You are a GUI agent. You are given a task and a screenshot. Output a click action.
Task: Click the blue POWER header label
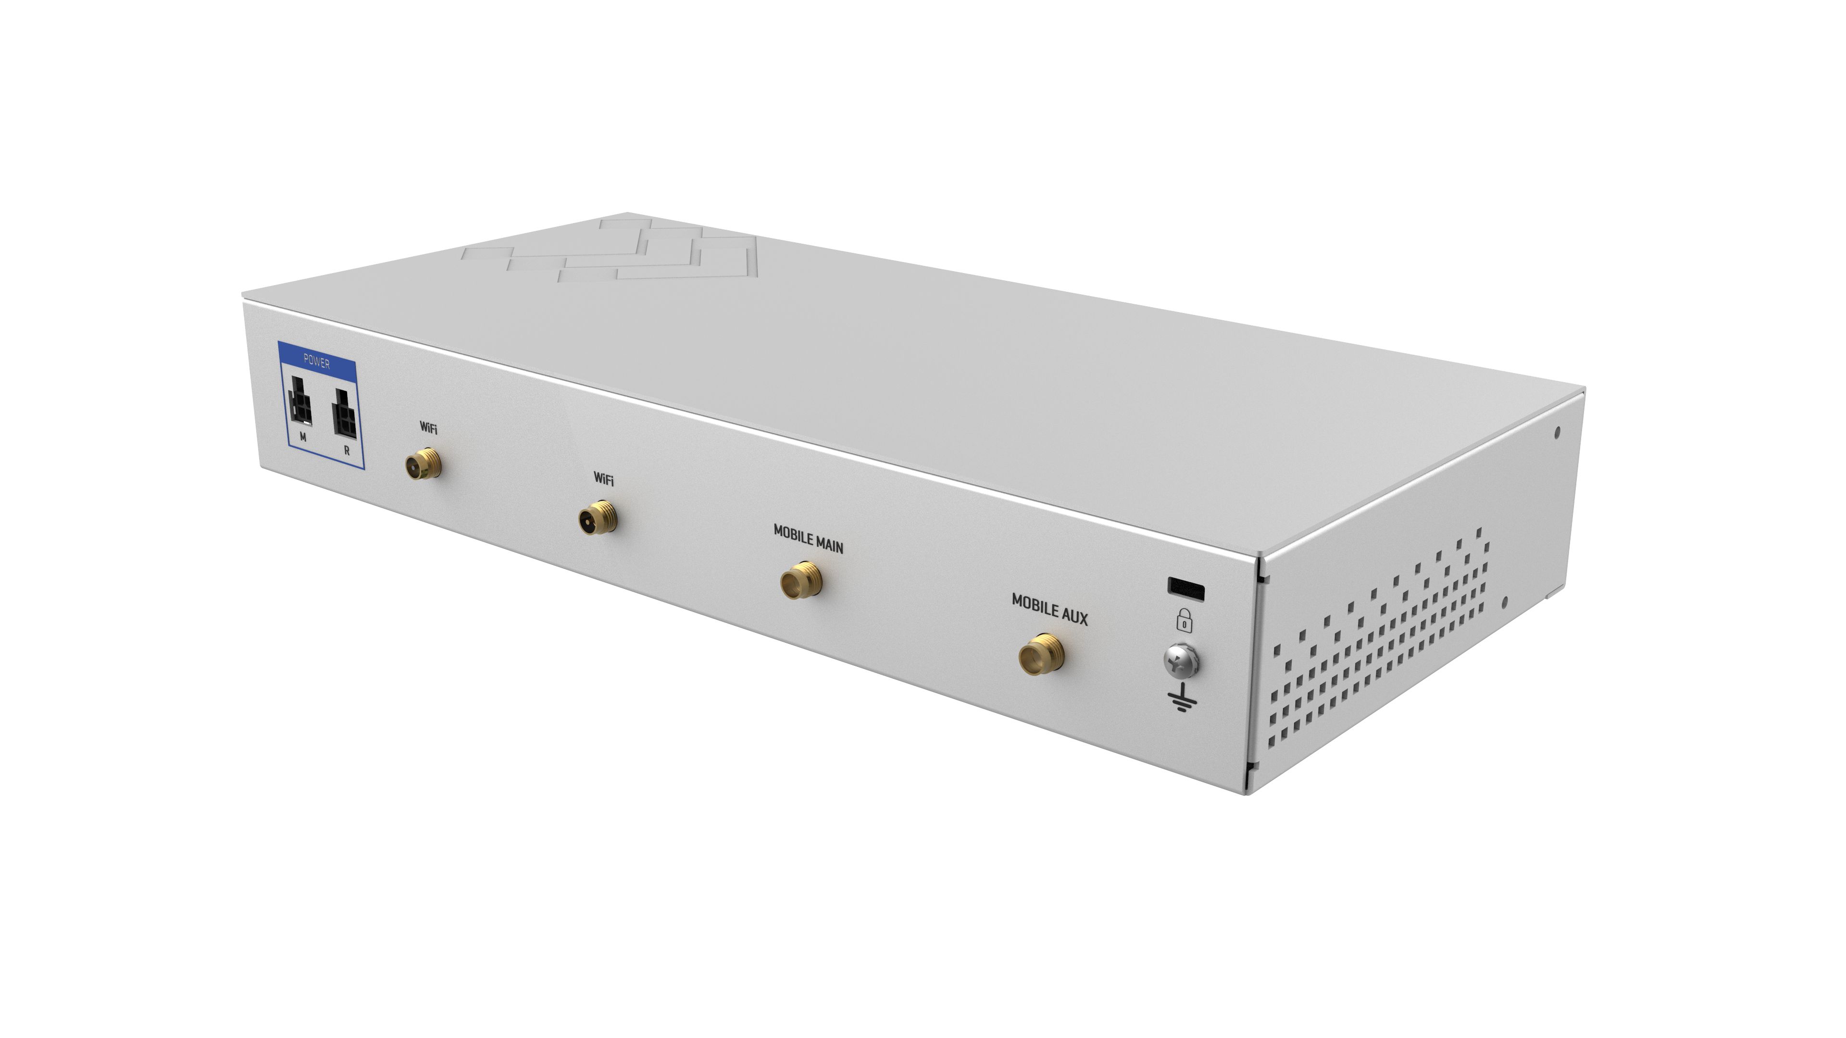pyautogui.click(x=317, y=362)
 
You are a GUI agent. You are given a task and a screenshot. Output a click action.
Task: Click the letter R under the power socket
pyautogui.click(x=347, y=451)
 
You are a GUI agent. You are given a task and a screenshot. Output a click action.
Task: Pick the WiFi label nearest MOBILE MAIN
pyautogui.click(x=603, y=478)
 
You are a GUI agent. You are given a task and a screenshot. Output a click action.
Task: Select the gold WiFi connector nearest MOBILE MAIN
pyautogui.click(x=598, y=516)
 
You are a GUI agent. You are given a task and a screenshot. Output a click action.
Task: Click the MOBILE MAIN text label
pyautogui.click(x=808, y=538)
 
